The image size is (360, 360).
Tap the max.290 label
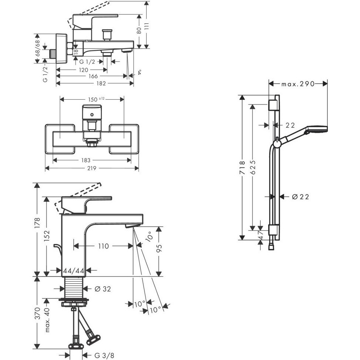[298, 84]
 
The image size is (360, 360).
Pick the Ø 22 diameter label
[301, 197]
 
